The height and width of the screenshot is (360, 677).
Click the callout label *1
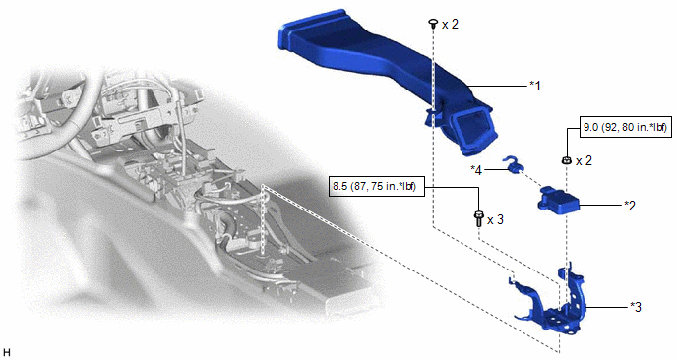click(x=535, y=86)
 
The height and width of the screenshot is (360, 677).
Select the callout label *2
click(x=630, y=206)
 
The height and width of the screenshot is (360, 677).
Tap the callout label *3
click(x=636, y=307)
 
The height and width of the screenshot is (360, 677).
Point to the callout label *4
click(x=476, y=170)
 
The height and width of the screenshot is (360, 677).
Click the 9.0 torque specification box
click(x=626, y=127)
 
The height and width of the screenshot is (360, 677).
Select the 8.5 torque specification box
click(x=375, y=187)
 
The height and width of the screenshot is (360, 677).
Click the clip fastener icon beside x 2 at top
click(x=432, y=24)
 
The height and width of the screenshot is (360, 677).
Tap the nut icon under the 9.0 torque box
click(x=566, y=160)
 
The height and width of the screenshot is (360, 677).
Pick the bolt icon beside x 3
click(x=478, y=218)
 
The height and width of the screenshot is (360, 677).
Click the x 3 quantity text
click(x=495, y=219)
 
